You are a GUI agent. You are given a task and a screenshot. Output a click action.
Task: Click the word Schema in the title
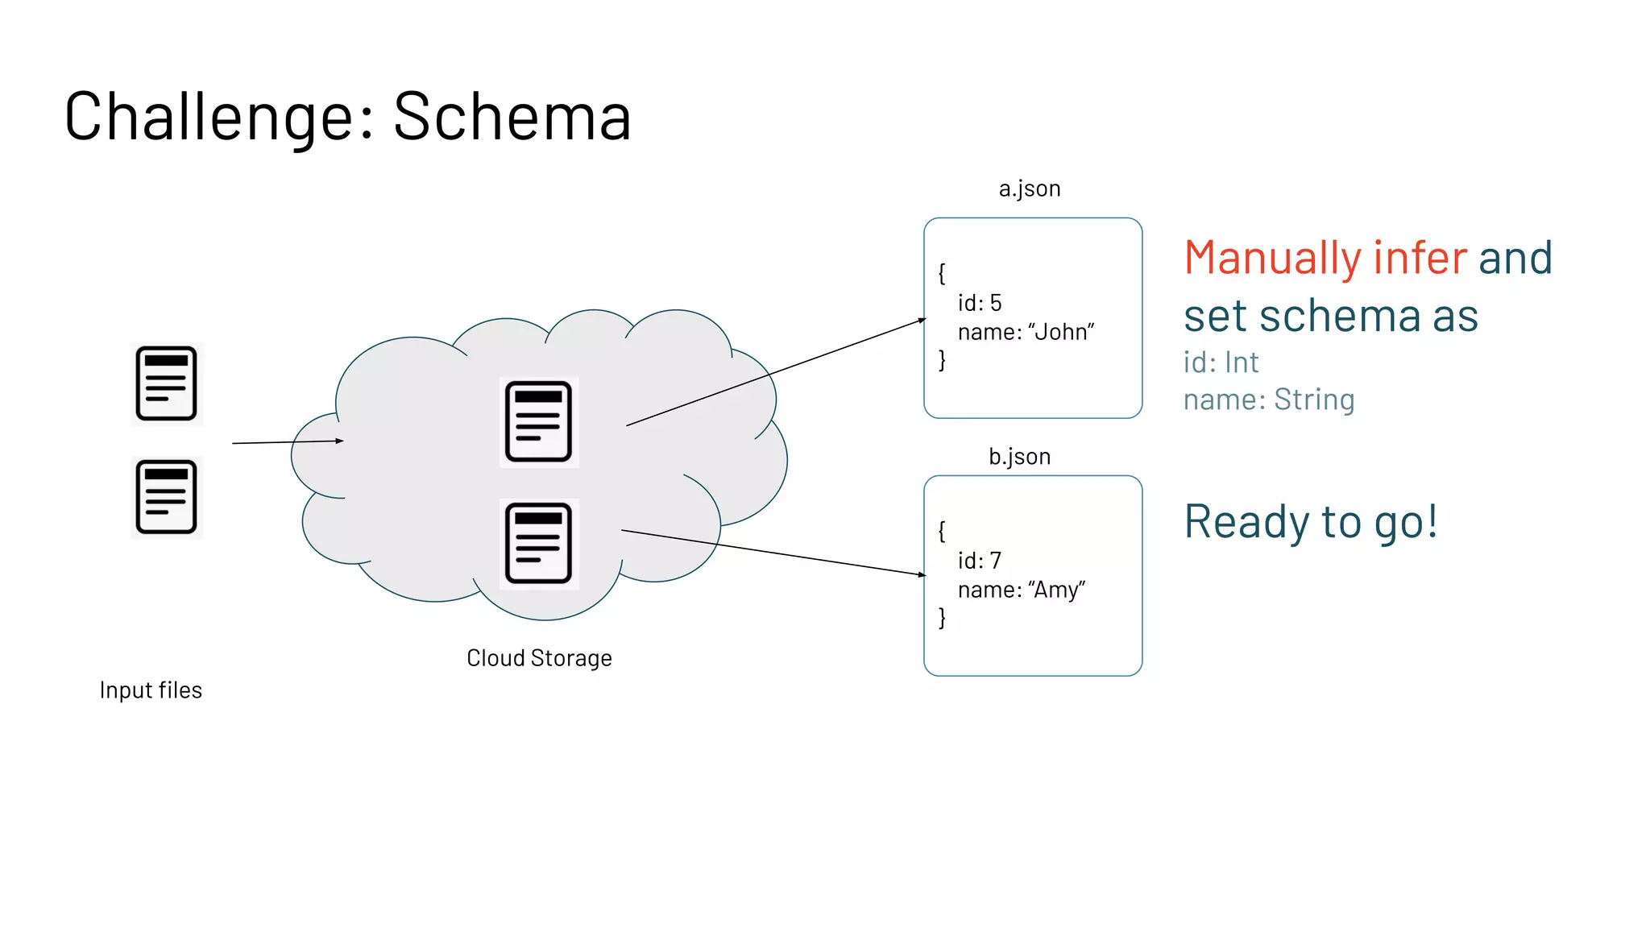[x=512, y=117]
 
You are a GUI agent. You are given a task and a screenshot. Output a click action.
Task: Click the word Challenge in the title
[x=219, y=117]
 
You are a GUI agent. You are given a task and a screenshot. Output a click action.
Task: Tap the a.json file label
[x=1030, y=188]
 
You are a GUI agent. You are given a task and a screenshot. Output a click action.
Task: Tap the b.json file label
[x=1019, y=457]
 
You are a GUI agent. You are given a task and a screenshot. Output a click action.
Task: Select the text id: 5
[x=979, y=303]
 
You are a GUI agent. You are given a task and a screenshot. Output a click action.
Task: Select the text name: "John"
[x=1026, y=332]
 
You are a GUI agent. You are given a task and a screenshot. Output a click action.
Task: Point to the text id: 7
[x=979, y=561]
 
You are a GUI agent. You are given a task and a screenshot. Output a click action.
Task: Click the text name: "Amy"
[x=1022, y=590]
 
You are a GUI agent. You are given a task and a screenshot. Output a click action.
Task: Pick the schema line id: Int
[x=1221, y=362]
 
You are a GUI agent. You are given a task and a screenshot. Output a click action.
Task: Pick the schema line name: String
[x=1269, y=400]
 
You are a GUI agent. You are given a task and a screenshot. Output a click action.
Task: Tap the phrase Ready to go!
[x=1310, y=522]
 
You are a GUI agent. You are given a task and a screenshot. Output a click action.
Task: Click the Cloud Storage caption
[x=539, y=658]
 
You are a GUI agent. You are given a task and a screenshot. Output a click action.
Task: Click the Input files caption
[x=151, y=690]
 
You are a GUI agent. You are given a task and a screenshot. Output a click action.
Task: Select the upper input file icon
[x=167, y=383]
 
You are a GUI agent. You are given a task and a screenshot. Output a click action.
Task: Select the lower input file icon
[x=167, y=497]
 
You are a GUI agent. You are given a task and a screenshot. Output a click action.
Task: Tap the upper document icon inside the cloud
[x=538, y=421]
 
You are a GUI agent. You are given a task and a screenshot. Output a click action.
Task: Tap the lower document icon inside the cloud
[x=538, y=543]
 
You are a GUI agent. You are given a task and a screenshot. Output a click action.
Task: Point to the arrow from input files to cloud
[x=288, y=441]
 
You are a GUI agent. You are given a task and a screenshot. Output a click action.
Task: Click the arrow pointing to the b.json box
[x=773, y=553]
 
